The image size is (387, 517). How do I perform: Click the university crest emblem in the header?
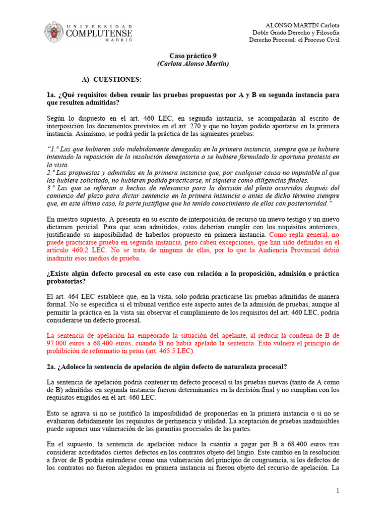[54, 32]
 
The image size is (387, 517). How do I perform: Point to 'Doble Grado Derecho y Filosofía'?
[295, 33]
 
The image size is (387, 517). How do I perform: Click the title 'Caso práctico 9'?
[193, 56]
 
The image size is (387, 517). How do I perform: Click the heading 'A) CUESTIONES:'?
[111, 80]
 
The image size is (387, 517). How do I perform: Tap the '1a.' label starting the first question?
[51, 95]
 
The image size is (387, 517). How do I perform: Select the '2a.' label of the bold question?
[51, 367]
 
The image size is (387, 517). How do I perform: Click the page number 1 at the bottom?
[338, 491]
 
